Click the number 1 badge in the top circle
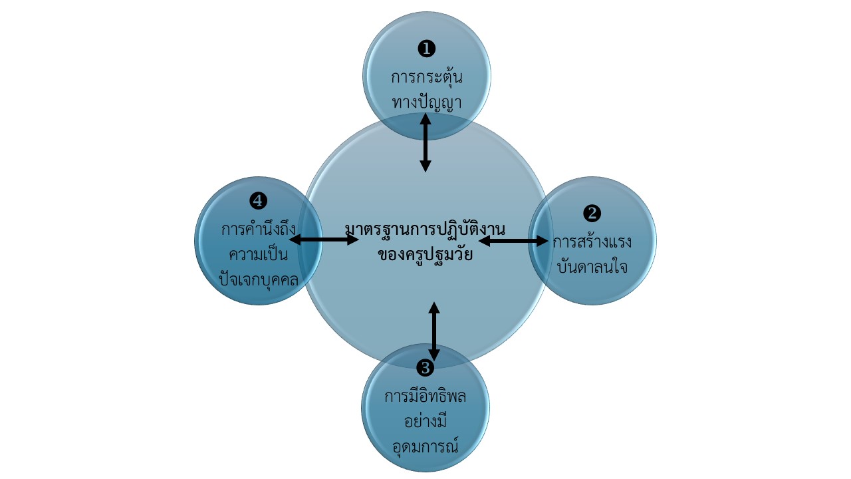coord(426,49)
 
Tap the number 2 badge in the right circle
coord(592,214)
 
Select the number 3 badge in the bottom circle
coord(425,367)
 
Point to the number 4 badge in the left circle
coord(259,200)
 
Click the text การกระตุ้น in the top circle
coord(427,77)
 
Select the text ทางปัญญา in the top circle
coord(427,102)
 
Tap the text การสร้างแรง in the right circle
coord(592,241)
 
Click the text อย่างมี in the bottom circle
coord(425,420)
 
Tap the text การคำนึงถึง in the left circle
coord(258,230)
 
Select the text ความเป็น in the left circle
coord(258,255)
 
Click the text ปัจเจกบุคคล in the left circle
coord(258,279)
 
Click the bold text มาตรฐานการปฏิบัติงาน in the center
coord(425,230)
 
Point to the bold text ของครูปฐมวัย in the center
coord(425,254)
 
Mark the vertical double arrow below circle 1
coord(425,142)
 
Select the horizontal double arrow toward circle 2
coord(513,240)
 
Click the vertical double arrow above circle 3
coord(434,331)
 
